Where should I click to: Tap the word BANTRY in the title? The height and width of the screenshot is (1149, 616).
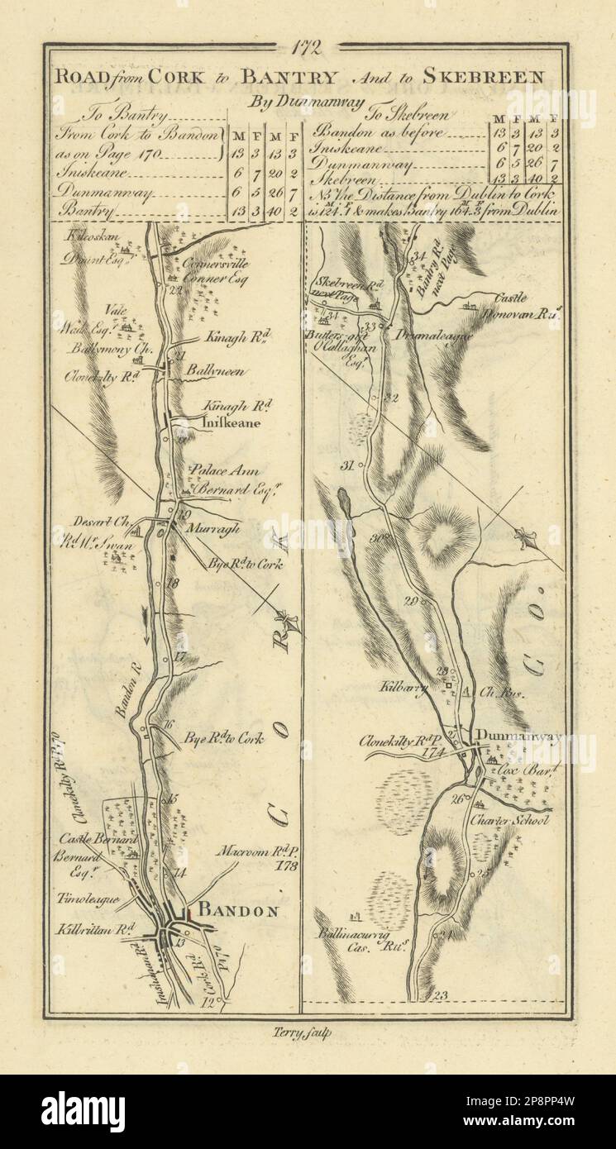click(x=289, y=78)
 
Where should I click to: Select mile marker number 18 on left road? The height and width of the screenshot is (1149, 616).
click(x=173, y=583)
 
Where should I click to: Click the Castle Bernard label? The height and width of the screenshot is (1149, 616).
click(x=89, y=817)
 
